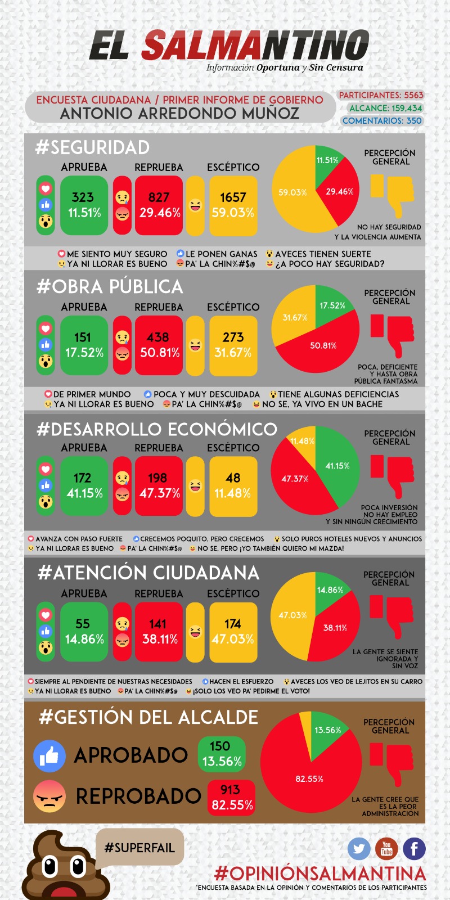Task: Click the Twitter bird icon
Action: click(x=359, y=849)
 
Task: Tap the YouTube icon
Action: click(x=386, y=849)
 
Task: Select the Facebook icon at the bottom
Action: click(x=414, y=849)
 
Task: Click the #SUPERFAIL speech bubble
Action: click(x=139, y=848)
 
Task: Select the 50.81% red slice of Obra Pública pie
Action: click(x=321, y=349)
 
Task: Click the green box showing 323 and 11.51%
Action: click(x=84, y=205)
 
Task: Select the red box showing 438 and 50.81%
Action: click(x=159, y=345)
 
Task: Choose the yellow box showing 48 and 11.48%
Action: click(x=233, y=486)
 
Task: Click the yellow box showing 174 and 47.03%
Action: click(x=233, y=632)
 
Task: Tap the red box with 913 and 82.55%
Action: click(x=231, y=798)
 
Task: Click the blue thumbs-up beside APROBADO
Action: click(x=49, y=755)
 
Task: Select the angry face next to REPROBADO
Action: click(x=49, y=796)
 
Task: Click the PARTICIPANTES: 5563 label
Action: click(x=381, y=95)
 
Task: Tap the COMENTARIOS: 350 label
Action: click(x=382, y=120)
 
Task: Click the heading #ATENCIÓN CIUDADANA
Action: click(x=148, y=573)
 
